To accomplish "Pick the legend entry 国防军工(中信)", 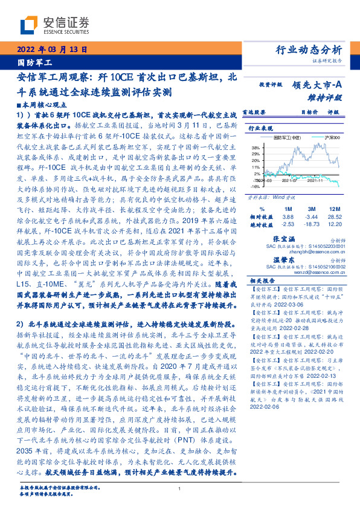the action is pos(286,138).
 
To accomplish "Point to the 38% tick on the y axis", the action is pos(256,147).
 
